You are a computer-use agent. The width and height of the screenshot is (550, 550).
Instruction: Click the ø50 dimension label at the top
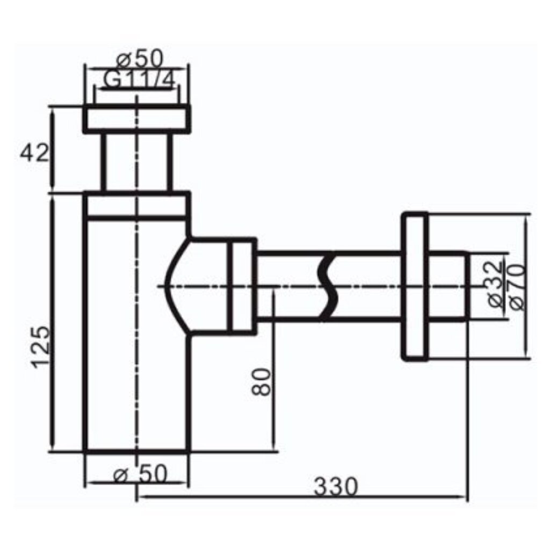[x=140, y=59]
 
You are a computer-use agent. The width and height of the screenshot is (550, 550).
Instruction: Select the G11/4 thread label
[x=139, y=81]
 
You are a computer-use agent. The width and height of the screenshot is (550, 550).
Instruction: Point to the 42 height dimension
[x=34, y=153]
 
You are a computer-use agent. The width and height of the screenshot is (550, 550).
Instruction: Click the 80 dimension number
[x=262, y=382]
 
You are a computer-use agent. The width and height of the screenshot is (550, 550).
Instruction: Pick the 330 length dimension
[x=336, y=487]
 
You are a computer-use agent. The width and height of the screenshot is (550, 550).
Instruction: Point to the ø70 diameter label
[x=517, y=287]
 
